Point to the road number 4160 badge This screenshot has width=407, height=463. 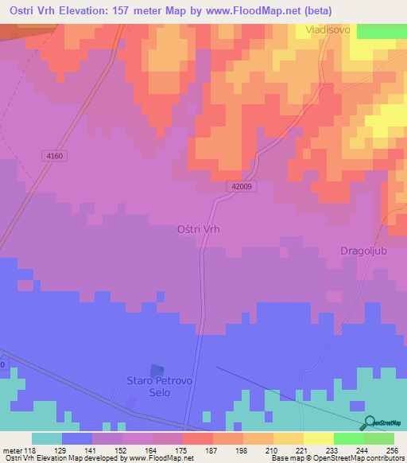55,156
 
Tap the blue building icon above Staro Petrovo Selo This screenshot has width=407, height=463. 157,371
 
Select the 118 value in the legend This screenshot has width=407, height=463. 31,449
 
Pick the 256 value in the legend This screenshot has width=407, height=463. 393,449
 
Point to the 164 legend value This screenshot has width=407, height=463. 152,449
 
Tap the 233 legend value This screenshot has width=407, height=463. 333,449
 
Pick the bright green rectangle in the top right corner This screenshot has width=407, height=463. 382,31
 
